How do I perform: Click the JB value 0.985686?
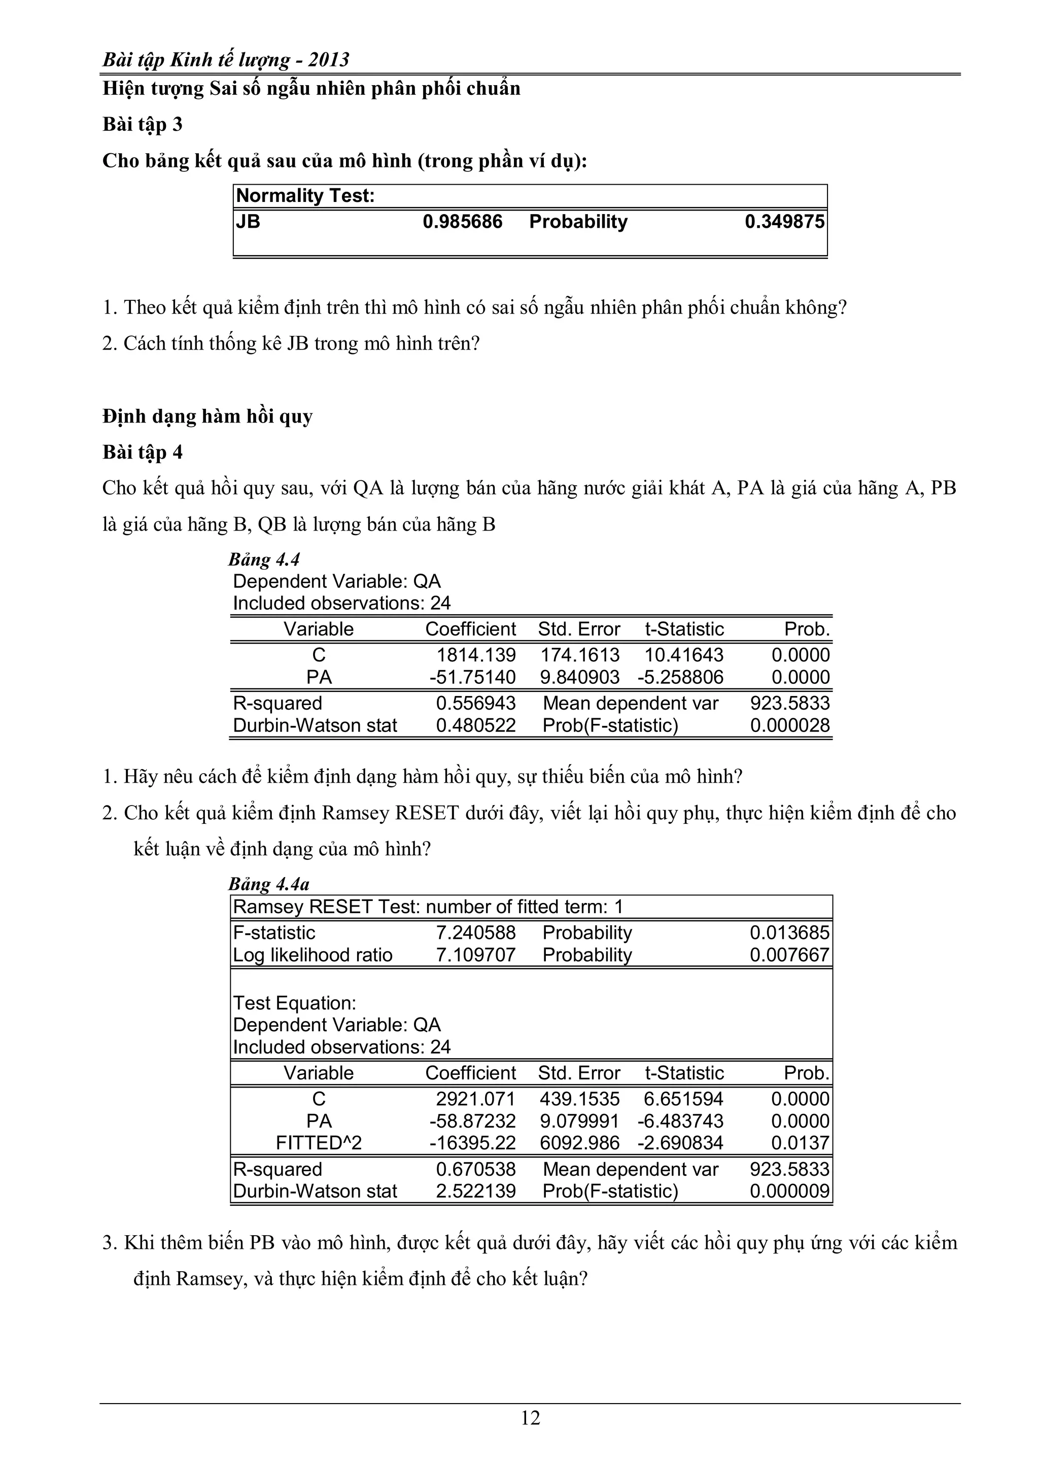(x=462, y=222)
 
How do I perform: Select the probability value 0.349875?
(x=784, y=222)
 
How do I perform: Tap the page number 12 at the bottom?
(x=530, y=1418)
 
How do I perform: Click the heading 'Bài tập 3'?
(x=143, y=124)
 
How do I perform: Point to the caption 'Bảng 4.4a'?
(x=269, y=884)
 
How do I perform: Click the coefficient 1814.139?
(x=476, y=655)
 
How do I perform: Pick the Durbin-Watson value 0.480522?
(x=475, y=725)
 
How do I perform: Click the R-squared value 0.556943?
(x=475, y=703)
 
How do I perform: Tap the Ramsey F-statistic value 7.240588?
(x=475, y=933)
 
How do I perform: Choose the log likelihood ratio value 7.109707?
(x=475, y=955)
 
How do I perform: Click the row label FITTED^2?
(x=319, y=1143)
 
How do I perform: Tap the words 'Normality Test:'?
(x=305, y=196)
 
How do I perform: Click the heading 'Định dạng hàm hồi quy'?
(x=207, y=416)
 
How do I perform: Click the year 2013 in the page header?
(x=328, y=60)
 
